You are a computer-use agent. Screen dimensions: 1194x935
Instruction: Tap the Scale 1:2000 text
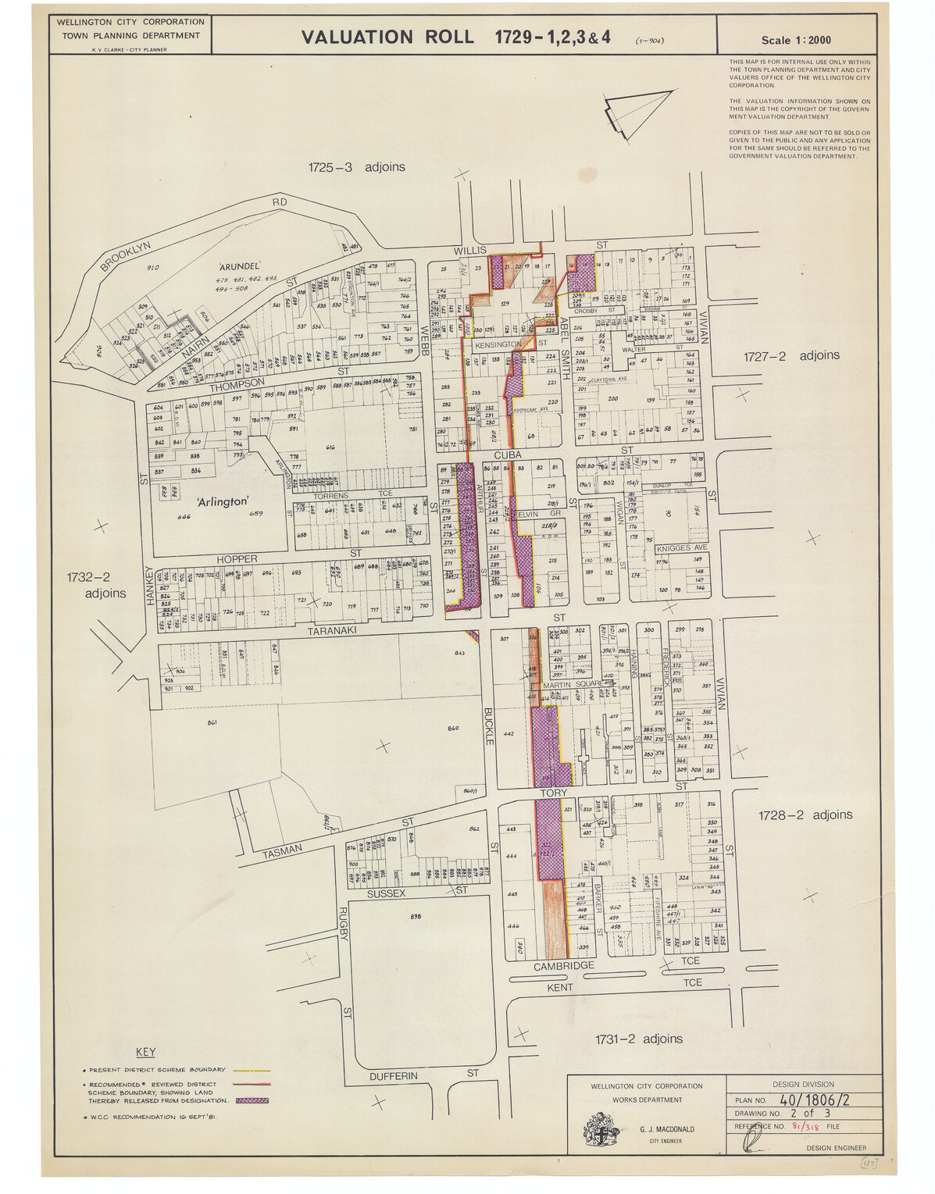pyautogui.click(x=796, y=41)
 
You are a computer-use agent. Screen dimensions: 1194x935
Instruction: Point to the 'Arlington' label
pyautogui.click(x=222, y=501)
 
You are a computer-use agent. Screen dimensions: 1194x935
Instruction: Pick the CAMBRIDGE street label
pyautogui.click(x=564, y=966)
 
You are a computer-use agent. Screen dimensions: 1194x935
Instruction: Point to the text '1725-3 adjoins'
pyautogui.click(x=356, y=166)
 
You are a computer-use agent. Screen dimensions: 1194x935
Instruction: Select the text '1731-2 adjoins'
pyautogui.click(x=638, y=1039)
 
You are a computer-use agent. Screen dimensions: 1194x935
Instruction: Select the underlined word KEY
pyautogui.click(x=146, y=1052)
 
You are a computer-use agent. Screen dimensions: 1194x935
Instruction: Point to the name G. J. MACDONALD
pyautogui.click(x=666, y=1129)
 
